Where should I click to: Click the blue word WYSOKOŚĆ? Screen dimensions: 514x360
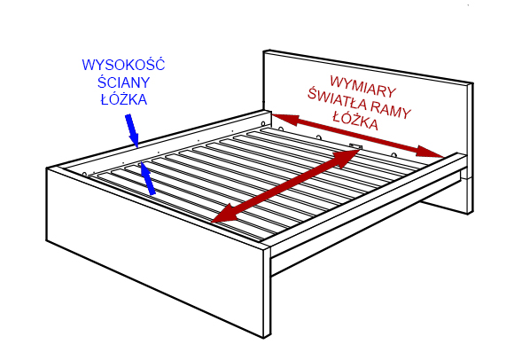coord(123,65)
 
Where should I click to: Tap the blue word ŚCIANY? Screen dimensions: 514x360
coord(123,82)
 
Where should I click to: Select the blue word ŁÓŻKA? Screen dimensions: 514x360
coord(124,99)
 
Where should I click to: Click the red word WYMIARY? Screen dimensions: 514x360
coord(362,86)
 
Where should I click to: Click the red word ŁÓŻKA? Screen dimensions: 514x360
coord(355,121)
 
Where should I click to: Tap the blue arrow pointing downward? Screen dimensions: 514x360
coord(132,130)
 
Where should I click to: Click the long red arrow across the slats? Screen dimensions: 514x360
coord(286,186)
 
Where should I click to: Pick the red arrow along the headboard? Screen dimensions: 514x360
coord(358,136)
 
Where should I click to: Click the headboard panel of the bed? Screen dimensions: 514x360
coord(368,108)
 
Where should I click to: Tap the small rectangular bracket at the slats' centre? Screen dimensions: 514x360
coord(356,146)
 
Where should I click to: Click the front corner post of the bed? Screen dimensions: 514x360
coord(267,293)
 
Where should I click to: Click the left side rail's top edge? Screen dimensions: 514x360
coord(159,140)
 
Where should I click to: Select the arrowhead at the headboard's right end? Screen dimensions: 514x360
coord(430,153)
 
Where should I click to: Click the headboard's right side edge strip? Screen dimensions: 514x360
coord(470,148)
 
